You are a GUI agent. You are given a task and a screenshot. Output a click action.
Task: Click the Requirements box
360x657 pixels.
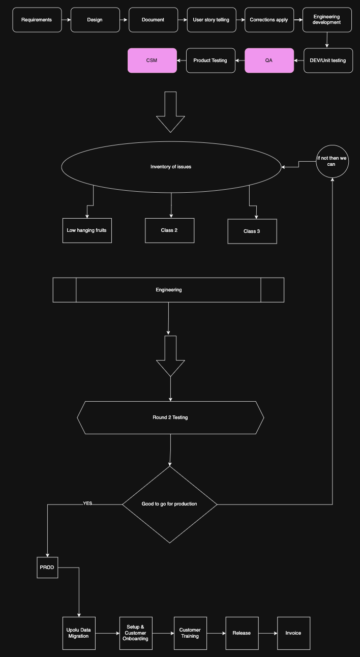click(37, 20)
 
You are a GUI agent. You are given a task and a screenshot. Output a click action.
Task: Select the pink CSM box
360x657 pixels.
click(152, 61)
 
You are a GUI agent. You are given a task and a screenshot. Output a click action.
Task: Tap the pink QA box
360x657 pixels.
click(269, 61)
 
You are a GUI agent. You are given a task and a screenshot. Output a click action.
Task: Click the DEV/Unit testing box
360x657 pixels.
click(328, 61)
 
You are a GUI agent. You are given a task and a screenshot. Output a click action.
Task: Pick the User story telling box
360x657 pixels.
click(212, 20)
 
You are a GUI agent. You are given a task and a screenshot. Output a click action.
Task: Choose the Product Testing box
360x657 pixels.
click(211, 61)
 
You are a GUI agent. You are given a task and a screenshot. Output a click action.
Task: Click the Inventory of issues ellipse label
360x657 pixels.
click(171, 167)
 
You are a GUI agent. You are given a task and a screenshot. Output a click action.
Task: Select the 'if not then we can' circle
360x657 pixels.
click(333, 161)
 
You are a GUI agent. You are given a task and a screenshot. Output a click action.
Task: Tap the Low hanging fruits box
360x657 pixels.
click(87, 230)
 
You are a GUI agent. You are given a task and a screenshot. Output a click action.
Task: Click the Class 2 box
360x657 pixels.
click(170, 230)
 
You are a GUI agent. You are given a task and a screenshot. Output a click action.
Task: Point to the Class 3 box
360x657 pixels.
click(252, 231)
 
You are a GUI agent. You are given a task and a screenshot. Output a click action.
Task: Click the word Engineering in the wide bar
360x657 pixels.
click(169, 290)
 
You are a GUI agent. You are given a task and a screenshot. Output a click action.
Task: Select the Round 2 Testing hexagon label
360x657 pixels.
click(170, 417)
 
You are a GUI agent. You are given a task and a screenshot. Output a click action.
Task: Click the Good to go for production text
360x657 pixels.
click(169, 504)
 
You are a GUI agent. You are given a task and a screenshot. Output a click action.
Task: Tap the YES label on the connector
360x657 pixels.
click(87, 503)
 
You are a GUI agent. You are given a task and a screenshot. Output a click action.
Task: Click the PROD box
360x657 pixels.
click(47, 568)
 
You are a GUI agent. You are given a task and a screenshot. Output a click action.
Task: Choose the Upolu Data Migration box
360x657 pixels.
click(79, 633)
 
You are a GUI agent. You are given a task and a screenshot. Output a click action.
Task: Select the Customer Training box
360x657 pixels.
click(190, 633)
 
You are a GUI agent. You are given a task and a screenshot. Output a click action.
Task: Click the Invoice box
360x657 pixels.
click(294, 633)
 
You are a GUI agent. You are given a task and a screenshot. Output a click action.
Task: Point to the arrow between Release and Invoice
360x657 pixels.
click(268, 633)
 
